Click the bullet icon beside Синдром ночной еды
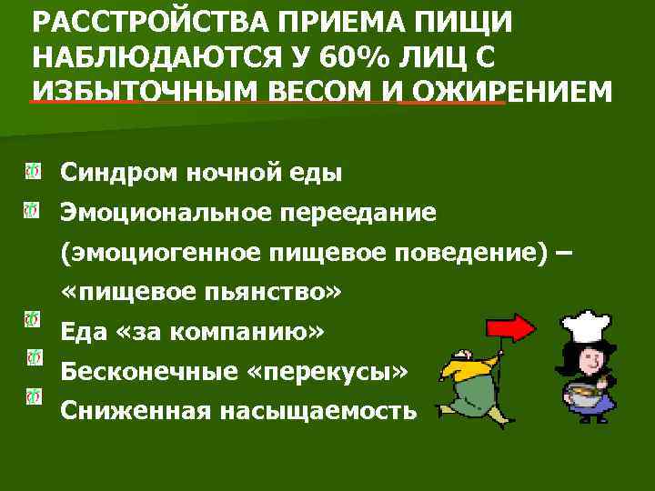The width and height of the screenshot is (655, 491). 33,170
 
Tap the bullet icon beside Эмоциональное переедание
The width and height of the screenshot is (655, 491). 33,212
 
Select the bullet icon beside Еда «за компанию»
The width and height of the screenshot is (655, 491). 33,319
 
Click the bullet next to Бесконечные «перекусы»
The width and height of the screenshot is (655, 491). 33,358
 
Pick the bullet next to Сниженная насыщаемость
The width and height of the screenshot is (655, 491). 33,396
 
